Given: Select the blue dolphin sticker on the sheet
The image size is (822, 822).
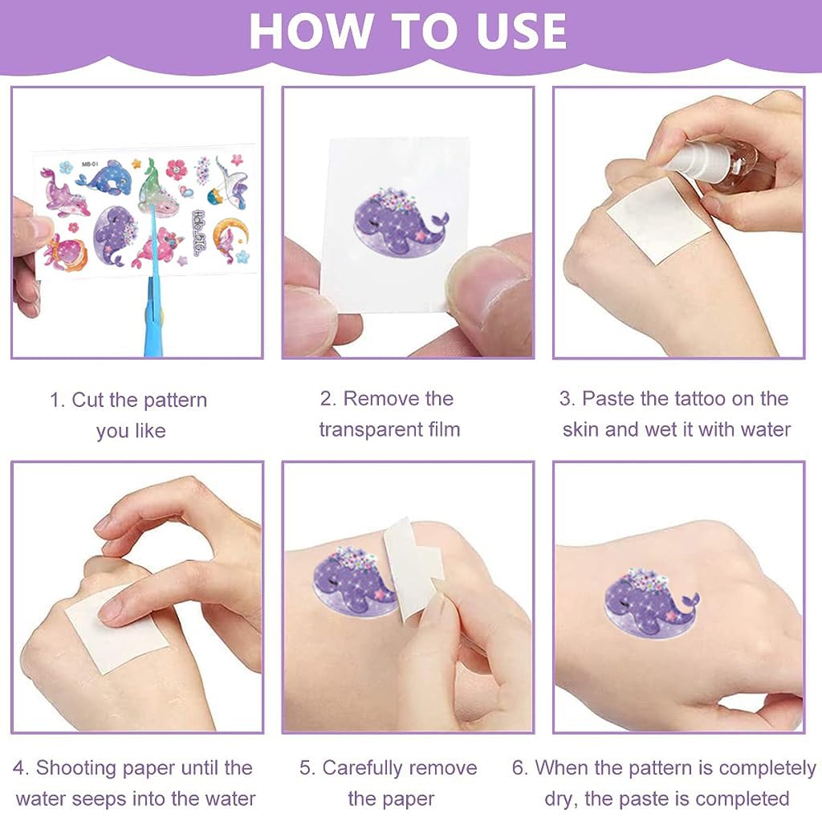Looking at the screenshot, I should tap(108, 178).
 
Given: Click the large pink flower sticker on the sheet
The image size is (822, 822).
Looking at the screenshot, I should tap(177, 169).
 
